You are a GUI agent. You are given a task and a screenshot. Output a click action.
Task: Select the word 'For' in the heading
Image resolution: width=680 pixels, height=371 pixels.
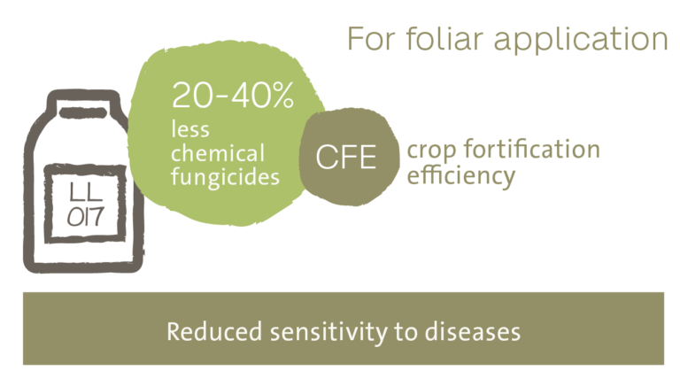coord(371,40)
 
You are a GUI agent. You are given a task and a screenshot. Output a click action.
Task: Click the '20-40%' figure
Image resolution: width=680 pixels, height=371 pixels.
coord(233,95)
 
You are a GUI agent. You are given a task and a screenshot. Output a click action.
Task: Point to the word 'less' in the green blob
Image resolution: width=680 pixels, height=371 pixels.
coord(190,129)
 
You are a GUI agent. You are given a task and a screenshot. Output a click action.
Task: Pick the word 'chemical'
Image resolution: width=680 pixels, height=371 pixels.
coord(218,153)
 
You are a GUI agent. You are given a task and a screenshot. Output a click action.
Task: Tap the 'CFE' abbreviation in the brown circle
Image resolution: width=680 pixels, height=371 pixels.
coord(346,157)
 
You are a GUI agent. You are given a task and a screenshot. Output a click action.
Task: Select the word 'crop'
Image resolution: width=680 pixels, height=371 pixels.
coord(431,151)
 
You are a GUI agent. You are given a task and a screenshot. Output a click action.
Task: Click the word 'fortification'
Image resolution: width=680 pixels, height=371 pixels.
coord(532,149)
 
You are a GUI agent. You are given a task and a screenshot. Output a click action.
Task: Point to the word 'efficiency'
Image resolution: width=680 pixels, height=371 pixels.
coord(461,175)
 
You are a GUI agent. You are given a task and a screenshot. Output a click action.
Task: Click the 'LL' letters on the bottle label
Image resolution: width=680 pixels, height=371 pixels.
coord(86,192)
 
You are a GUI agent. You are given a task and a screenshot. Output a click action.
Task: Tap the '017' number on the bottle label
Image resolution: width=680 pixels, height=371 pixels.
coord(85,217)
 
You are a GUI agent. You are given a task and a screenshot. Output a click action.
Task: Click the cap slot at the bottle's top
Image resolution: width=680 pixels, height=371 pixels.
coord(83,112)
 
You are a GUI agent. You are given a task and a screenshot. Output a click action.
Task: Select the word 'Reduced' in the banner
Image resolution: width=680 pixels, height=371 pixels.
coord(214,332)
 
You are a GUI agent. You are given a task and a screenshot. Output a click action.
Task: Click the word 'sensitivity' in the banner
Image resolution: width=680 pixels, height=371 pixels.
coord(328,333)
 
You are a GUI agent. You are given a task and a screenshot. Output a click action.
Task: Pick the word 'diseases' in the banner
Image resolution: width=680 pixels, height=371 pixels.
coord(472,332)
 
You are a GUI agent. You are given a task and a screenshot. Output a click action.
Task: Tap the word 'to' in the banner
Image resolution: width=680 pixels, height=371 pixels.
coord(406,333)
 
